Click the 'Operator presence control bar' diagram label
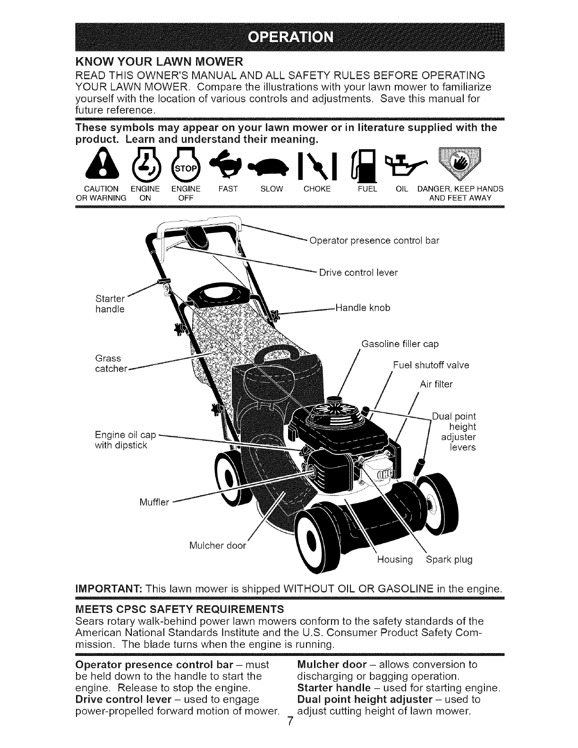(374, 240)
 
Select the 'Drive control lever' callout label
(358, 272)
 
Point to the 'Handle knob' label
(362, 308)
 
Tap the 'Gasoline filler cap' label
(400, 344)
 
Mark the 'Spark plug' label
(449, 560)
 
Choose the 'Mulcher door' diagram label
(217, 546)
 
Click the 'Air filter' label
(436, 384)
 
